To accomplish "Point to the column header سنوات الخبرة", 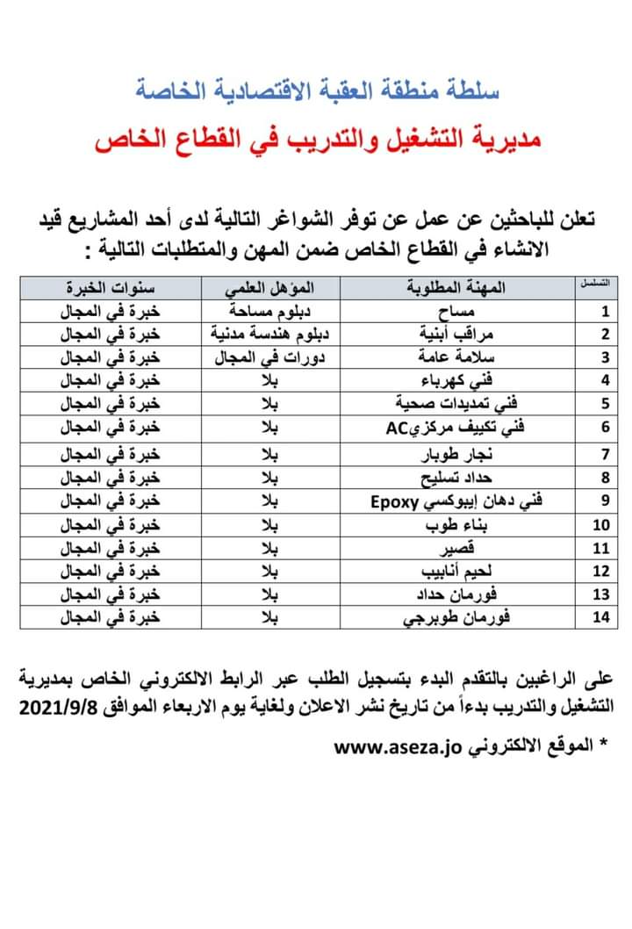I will tap(111, 288).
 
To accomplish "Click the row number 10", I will tap(600, 525).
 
